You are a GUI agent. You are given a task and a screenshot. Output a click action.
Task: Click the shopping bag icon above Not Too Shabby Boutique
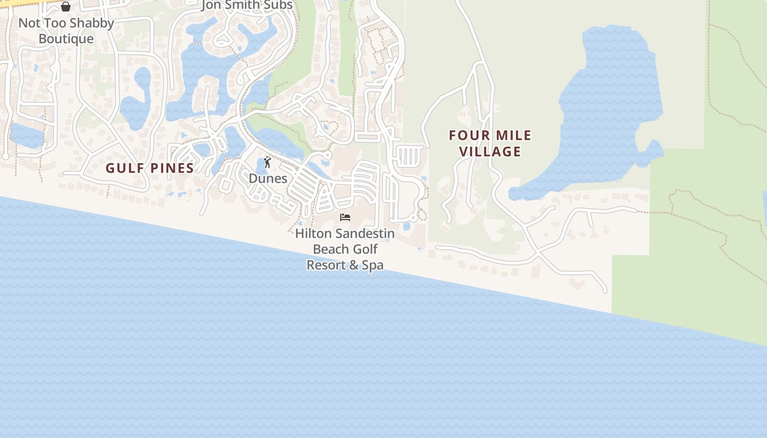(66, 7)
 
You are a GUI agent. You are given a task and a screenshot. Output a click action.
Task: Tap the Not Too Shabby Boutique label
(66, 31)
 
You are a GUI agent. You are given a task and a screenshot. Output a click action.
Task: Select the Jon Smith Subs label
(247, 5)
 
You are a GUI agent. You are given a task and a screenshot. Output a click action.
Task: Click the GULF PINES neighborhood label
(150, 168)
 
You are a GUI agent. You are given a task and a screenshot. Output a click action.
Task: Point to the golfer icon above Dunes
(267, 162)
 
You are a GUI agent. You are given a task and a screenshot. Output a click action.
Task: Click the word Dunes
(268, 178)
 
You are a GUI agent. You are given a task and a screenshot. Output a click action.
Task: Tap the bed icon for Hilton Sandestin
(345, 217)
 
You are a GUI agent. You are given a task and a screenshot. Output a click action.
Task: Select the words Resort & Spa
(345, 266)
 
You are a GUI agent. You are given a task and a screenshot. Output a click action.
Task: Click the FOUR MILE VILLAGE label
(490, 143)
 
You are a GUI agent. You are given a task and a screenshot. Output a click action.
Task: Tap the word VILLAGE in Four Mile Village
(490, 152)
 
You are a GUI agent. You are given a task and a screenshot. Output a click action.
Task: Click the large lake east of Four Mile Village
(608, 104)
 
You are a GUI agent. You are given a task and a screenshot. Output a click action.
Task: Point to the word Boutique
(66, 39)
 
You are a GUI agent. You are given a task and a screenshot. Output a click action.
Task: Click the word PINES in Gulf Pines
(170, 168)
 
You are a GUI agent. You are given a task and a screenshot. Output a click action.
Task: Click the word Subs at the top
(278, 5)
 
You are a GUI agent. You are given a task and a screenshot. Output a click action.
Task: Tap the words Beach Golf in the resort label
(345, 250)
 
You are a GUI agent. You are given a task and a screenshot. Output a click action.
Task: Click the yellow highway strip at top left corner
(16, 3)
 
